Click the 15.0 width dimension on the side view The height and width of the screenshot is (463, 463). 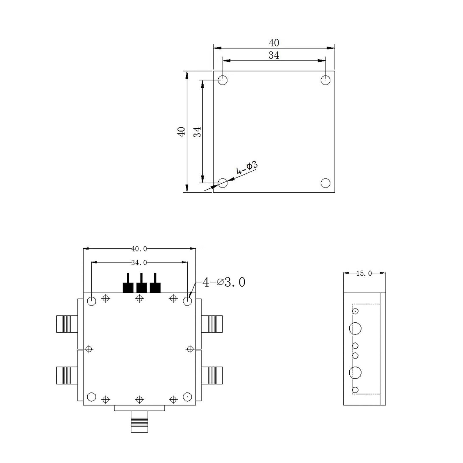(x=364, y=273)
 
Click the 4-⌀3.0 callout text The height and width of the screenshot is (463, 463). (x=224, y=282)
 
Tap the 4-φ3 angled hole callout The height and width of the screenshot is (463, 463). (x=247, y=169)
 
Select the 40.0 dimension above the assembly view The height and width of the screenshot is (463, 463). (x=139, y=249)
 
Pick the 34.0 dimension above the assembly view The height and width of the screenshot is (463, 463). (x=139, y=263)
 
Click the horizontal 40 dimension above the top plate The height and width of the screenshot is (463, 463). (x=274, y=43)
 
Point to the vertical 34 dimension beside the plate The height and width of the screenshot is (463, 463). (x=197, y=132)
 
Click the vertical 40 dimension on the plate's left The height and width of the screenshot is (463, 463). (x=181, y=132)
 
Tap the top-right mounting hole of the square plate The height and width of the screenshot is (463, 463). (x=326, y=80)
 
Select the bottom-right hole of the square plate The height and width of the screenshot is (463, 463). (x=326, y=183)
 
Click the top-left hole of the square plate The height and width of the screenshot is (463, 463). (x=223, y=80)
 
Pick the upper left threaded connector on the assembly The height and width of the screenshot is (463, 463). (x=67, y=324)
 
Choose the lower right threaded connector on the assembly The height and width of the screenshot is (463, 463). (x=212, y=375)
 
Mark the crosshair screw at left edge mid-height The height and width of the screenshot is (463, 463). (x=89, y=349)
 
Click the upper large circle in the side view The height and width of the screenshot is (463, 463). (x=355, y=328)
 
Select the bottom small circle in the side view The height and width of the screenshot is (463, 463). (x=355, y=390)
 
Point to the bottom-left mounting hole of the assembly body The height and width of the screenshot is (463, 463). (x=92, y=397)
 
